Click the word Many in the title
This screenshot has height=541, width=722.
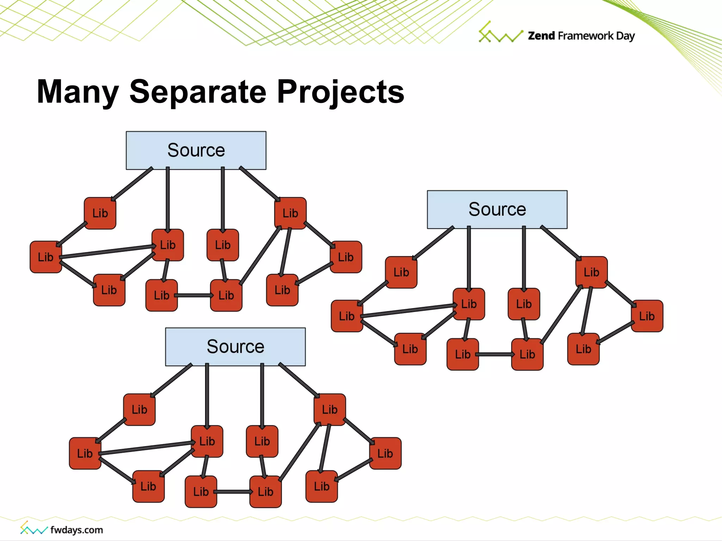coord(78,92)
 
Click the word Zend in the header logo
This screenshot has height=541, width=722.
coord(541,36)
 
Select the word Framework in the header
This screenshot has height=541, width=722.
coord(586,36)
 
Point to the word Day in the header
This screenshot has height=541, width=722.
coord(625,36)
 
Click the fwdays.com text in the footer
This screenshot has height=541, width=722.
coord(77,530)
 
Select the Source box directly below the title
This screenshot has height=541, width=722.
coord(196,150)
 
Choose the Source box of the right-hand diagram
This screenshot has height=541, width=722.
coord(497,210)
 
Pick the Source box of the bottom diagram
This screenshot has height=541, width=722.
coord(235,347)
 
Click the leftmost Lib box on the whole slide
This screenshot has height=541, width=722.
coord(46,257)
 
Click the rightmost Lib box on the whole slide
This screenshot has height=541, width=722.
coord(647,316)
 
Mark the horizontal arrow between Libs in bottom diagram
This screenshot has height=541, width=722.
coord(233,492)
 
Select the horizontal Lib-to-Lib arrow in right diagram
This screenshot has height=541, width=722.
coord(495,354)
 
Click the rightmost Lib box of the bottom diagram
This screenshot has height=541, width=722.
coord(385,453)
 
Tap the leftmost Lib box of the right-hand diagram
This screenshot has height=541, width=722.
coord(347,316)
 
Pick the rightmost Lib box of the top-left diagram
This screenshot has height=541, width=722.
coord(346,257)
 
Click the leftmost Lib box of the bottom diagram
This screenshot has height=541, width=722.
coord(85,453)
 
